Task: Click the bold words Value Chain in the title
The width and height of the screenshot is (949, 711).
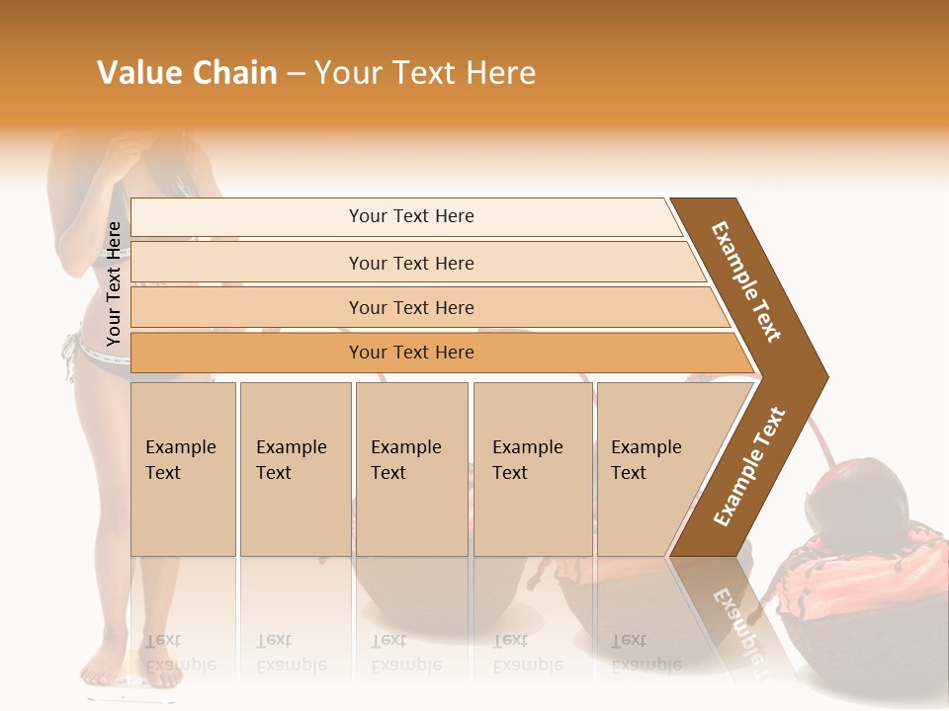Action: click(187, 73)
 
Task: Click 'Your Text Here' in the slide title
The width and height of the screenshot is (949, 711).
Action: click(425, 73)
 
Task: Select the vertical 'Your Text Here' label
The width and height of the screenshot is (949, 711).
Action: click(114, 283)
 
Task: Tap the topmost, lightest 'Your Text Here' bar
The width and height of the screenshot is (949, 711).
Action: click(411, 216)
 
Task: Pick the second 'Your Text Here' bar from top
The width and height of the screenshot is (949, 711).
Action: click(411, 263)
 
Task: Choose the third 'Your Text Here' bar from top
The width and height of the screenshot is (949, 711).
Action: click(411, 307)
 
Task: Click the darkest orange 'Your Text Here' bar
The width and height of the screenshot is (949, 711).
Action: click(411, 353)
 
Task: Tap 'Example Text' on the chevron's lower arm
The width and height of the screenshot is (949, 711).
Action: click(749, 467)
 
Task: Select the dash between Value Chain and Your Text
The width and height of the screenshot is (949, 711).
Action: click(295, 74)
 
